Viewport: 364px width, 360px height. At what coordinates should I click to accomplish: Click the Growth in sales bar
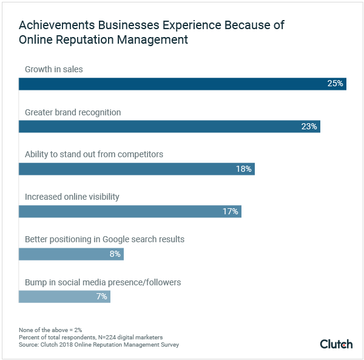pyautogui.click(x=182, y=84)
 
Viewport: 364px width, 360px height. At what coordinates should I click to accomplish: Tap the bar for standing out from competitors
pyautogui.click(x=136, y=169)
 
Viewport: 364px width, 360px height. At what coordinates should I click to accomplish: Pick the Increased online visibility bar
pyautogui.click(x=130, y=211)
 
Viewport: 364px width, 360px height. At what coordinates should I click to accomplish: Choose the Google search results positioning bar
pyautogui.click(x=71, y=254)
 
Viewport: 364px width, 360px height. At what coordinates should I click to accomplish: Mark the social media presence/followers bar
pyautogui.click(x=64, y=296)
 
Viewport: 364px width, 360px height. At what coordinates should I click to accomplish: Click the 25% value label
pyautogui.click(x=335, y=84)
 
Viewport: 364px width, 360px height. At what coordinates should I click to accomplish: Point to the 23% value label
pyautogui.click(x=309, y=126)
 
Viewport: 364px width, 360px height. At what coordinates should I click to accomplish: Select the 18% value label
pyautogui.click(x=244, y=169)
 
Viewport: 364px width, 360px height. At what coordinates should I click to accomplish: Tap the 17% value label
pyautogui.click(x=231, y=211)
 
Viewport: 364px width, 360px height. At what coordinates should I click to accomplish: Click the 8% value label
pyautogui.click(x=115, y=254)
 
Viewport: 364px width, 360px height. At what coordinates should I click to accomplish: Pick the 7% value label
pyautogui.click(x=102, y=296)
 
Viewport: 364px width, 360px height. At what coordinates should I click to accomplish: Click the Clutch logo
pyautogui.click(x=336, y=344)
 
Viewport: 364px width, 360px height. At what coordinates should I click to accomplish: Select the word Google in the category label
pyautogui.click(x=110, y=239)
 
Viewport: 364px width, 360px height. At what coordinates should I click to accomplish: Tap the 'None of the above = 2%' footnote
pyautogui.click(x=50, y=330)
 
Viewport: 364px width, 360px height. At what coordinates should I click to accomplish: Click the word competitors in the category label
pyautogui.click(x=142, y=154)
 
